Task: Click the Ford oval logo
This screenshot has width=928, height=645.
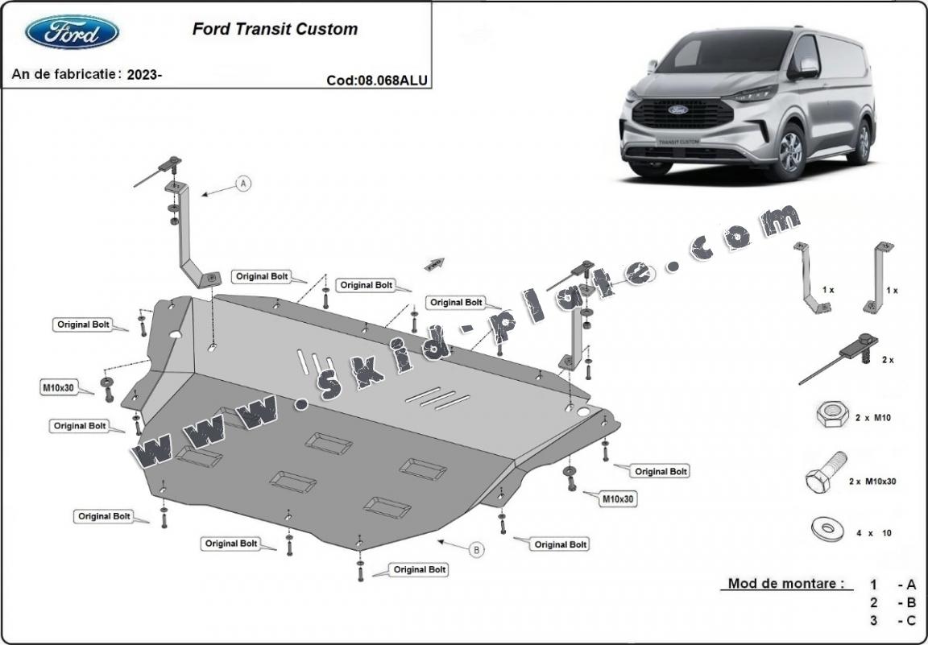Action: (72, 31)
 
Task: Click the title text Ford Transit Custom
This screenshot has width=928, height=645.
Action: (275, 29)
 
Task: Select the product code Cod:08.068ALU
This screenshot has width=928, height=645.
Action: (377, 80)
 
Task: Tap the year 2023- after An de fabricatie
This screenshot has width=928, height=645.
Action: (145, 74)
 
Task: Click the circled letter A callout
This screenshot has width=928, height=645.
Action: (243, 184)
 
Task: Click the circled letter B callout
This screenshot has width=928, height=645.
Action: (477, 550)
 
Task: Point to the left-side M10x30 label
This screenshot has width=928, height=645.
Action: (58, 387)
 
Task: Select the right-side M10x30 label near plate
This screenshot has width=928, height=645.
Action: (619, 499)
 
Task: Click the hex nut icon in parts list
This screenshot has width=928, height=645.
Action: (832, 415)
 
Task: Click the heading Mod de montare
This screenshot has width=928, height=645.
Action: (786, 583)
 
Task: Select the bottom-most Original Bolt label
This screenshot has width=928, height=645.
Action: (420, 569)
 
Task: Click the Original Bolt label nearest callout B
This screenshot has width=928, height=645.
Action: (560, 544)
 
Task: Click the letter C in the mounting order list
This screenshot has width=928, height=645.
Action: (911, 620)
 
